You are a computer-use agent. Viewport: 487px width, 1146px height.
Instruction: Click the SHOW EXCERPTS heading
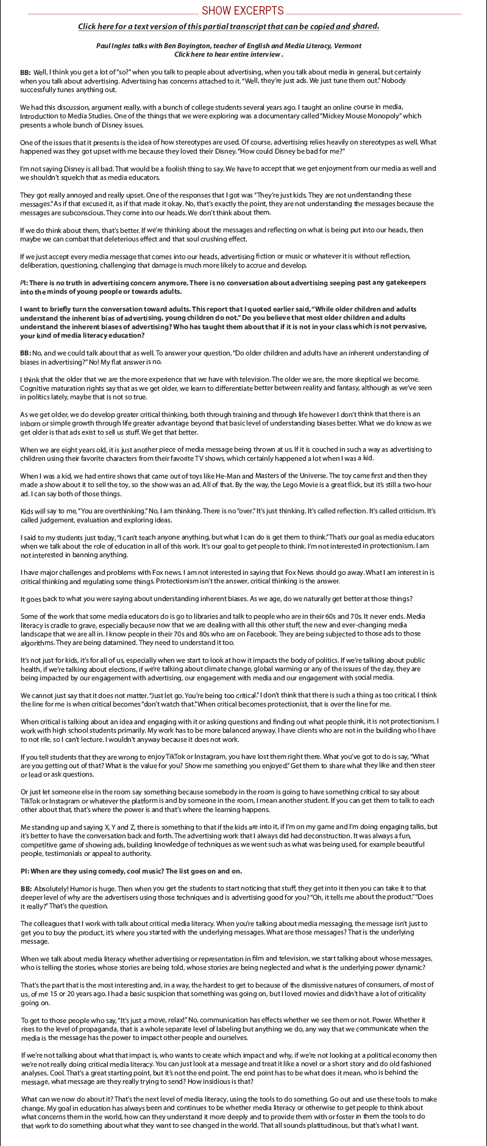point(243,10)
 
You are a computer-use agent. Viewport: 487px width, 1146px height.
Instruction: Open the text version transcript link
point(229,27)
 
